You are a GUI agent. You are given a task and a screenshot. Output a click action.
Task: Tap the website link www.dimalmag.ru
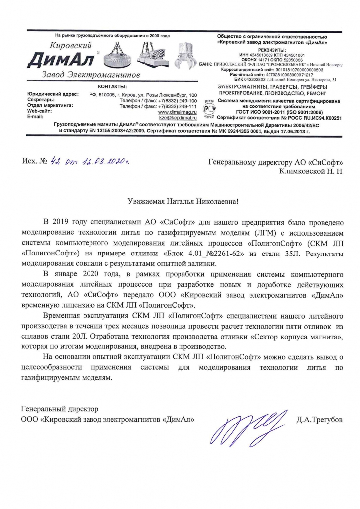[178, 112]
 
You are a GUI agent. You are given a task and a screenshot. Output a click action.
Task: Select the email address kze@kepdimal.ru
[178, 118]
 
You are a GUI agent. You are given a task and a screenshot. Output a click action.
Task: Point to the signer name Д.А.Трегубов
[319, 420]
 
